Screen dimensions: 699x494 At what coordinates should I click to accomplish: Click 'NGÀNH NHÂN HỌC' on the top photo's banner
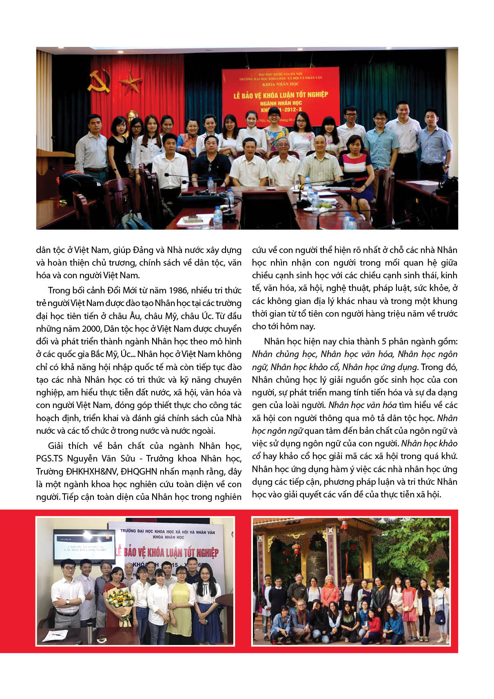click(281, 103)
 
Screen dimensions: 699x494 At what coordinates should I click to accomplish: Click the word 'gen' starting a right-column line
click(259, 405)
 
